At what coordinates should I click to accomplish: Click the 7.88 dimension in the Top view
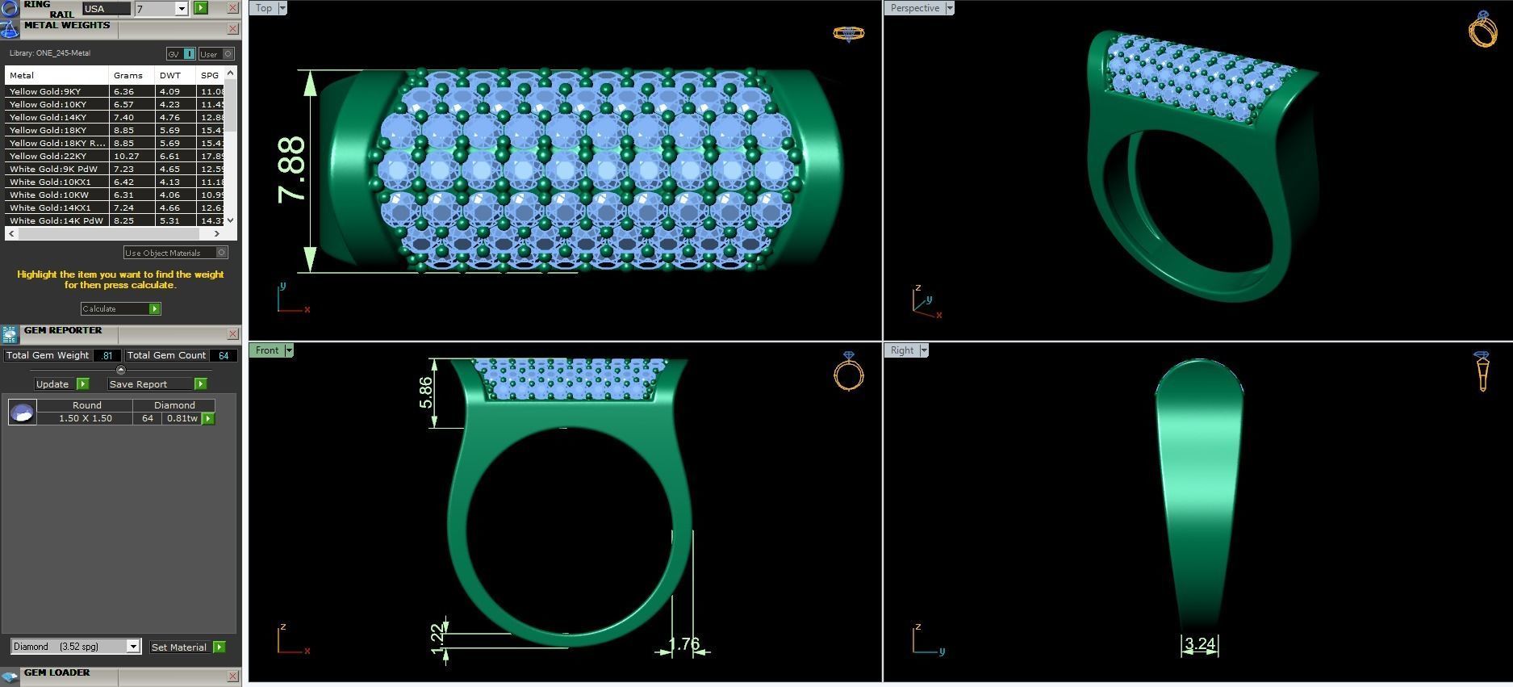click(291, 170)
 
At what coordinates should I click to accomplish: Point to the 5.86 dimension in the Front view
click(425, 392)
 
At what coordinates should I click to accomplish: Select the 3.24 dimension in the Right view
click(1200, 644)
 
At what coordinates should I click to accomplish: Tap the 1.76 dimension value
click(684, 644)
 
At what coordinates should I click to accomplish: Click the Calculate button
click(120, 308)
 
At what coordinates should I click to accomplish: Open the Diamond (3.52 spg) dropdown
click(76, 647)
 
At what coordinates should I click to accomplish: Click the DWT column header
click(170, 75)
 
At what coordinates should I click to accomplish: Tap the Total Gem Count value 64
click(223, 355)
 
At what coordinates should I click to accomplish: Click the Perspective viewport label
click(914, 8)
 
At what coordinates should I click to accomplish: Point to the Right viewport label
click(901, 350)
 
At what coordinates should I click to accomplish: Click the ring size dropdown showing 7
click(161, 9)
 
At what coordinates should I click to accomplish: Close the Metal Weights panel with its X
click(233, 29)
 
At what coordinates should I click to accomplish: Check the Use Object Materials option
click(222, 253)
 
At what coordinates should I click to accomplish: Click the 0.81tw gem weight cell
click(182, 418)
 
